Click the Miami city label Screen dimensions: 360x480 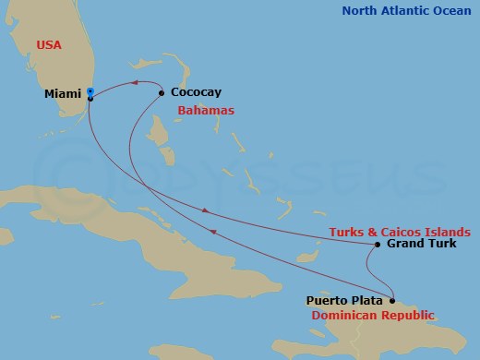click(63, 93)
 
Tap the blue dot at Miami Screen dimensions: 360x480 click(90, 91)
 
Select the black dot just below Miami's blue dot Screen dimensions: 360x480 click(90, 98)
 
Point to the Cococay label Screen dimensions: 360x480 click(197, 93)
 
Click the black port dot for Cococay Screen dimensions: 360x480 click(162, 92)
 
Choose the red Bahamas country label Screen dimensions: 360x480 click(206, 111)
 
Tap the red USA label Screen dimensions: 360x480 click(51, 44)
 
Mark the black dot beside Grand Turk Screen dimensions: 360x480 click(378, 245)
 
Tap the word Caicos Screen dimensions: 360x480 click(400, 231)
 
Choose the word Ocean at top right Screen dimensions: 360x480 click(454, 11)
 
